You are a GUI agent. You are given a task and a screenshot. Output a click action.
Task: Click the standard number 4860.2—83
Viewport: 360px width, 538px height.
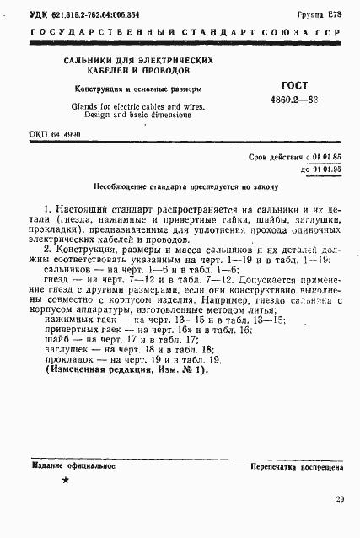tap(293, 100)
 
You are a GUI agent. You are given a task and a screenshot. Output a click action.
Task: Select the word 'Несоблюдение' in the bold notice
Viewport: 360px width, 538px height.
tap(123, 188)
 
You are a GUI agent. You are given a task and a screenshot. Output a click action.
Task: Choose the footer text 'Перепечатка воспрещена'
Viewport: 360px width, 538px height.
tap(295, 465)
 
